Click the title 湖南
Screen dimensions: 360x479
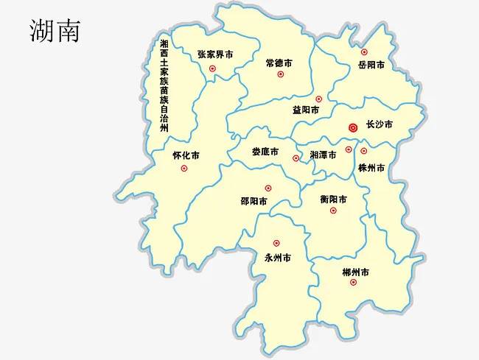click(55, 30)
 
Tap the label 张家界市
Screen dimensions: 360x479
click(215, 54)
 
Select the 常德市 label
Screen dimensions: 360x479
click(279, 63)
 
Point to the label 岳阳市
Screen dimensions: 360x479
click(371, 65)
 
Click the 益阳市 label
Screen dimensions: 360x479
click(306, 110)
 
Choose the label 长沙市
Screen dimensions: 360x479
click(380, 125)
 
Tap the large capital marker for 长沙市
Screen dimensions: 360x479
click(353, 127)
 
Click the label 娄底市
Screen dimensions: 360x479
click(265, 152)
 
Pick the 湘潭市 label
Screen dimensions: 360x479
click(323, 155)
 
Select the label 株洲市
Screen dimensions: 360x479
click(371, 168)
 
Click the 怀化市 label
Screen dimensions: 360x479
click(186, 155)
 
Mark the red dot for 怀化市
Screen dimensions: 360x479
click(184, 169)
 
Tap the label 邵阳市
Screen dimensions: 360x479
click(254, 200)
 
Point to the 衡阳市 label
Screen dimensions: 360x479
click(334, 199)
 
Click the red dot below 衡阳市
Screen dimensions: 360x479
click(333, 211)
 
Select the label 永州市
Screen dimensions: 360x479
click(277, 258)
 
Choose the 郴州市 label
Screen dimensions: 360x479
click(356, 272)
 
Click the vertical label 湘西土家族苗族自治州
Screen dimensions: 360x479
click(164, 85)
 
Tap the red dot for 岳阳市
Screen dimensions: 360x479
click(364, 52)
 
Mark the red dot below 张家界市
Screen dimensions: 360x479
click(212, 68)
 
